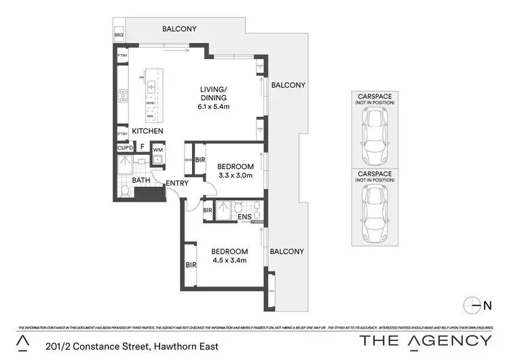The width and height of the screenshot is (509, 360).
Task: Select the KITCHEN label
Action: click(x=147, y=131)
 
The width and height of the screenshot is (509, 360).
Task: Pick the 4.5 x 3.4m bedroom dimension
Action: click(x=228, y=260)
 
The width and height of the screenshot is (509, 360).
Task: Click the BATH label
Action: click(x=141, y=181)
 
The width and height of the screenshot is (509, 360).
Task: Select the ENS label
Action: click(x=246, y=217)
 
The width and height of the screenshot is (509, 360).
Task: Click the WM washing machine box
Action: click(x=157, y=149)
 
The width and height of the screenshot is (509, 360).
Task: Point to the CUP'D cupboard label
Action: click(x=125, y=148)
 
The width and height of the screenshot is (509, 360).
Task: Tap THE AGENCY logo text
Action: click(x=425, y=340)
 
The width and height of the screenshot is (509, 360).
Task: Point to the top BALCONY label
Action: click(x=179, y=29)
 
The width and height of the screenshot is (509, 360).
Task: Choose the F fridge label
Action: click(x=142, y=147)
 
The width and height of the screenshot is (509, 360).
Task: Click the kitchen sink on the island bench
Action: click(x=151, y=87)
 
